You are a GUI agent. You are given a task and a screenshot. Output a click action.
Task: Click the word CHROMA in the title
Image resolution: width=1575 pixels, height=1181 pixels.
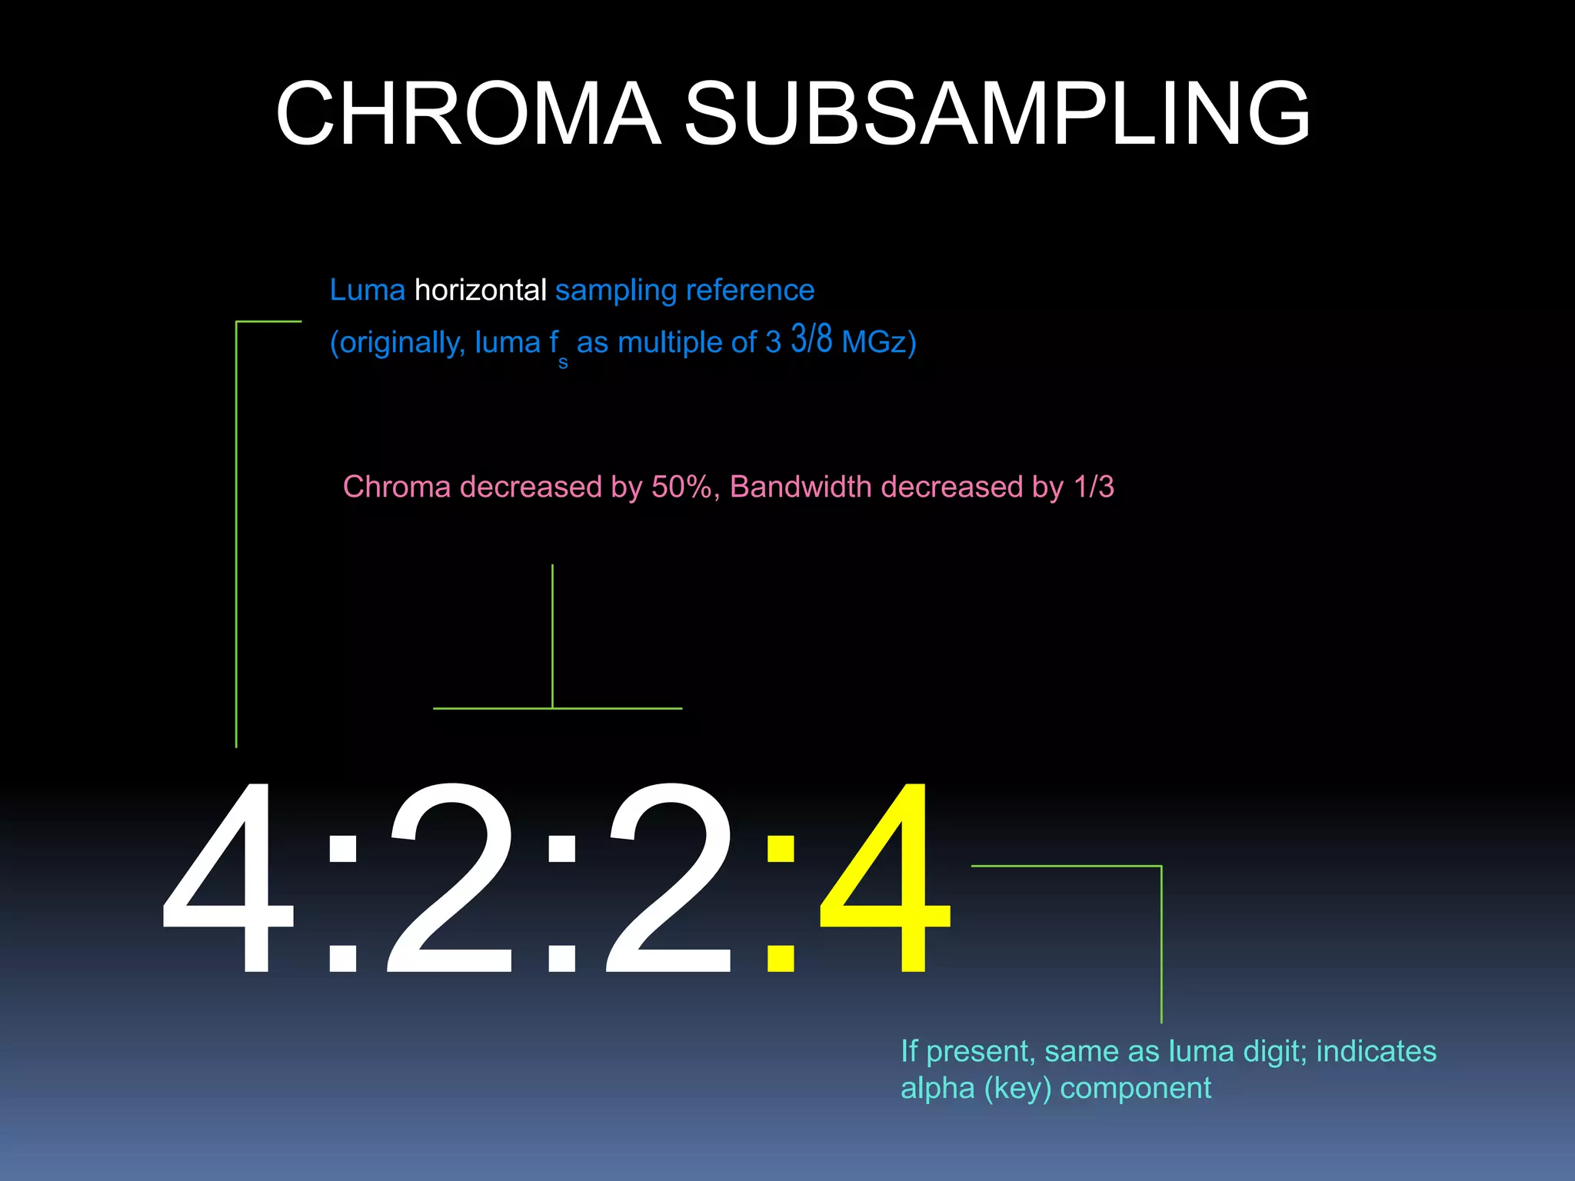pos(468,114)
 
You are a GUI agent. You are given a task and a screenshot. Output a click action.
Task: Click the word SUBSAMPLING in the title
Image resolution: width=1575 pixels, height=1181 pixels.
pos(997,114)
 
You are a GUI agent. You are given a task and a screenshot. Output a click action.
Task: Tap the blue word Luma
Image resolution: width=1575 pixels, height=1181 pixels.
pos(367,291)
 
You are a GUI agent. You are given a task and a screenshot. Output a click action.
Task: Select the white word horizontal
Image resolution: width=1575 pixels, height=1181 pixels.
pos(480,291)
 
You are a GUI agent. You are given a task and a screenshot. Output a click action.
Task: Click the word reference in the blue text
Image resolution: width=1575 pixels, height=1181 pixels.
pos(749,291)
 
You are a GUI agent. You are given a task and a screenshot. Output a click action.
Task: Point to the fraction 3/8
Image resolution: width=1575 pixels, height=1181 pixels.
pos(811,339)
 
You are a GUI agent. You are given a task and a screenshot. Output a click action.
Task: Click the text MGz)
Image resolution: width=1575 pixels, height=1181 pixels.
pos(879,342)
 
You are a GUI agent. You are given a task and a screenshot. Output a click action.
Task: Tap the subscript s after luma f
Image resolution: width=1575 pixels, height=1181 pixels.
pos(563,363)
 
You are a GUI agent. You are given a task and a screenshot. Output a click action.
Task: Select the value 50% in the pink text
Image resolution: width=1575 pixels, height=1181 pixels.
pos(681,487)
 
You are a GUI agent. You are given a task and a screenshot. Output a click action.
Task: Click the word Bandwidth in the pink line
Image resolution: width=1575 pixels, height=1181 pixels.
pos(800,487)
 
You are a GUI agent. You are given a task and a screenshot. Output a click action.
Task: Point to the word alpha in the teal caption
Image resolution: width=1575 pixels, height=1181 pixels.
pos(937,1089)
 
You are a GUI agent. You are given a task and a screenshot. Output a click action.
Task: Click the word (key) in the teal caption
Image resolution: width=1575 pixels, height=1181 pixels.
pos(1017,1089)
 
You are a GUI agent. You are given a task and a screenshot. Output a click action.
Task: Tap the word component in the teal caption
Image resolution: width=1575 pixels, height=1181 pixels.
pos(1135,1089)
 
